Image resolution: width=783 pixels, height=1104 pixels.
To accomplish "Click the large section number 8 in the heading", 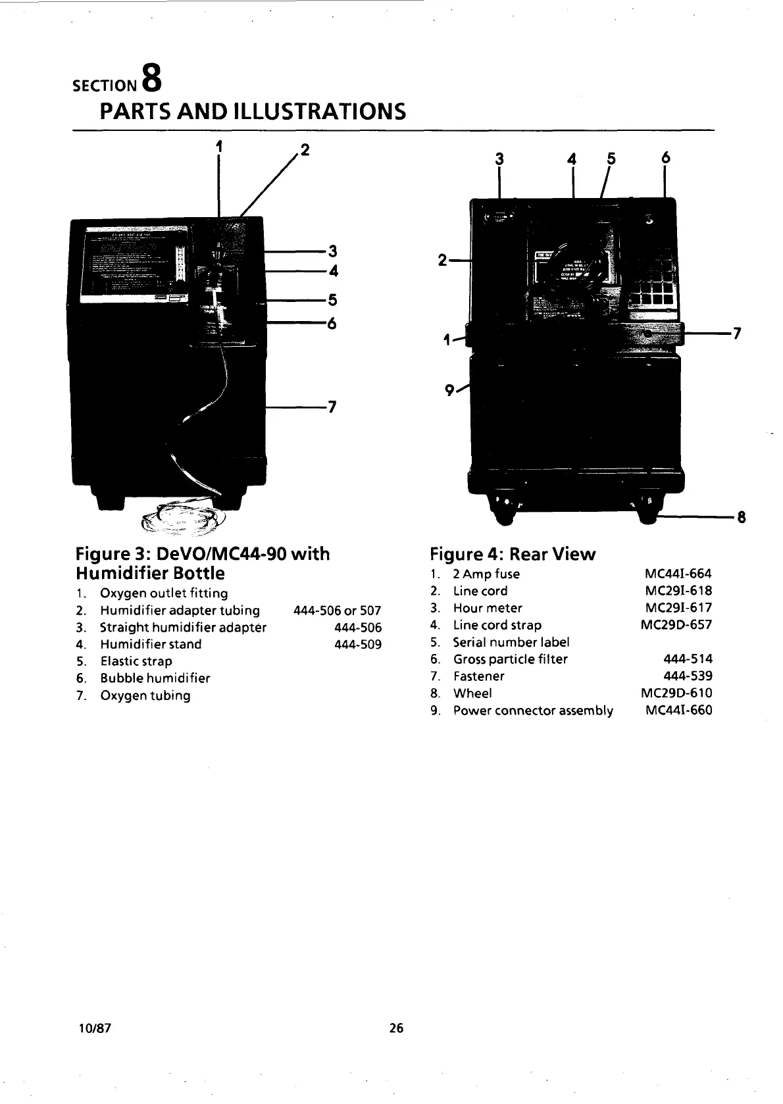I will tap(151, 77).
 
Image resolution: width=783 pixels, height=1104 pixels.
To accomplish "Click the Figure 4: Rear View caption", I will tap(512, 555).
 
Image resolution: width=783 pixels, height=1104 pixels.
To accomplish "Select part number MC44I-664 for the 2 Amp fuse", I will tap(678, 574).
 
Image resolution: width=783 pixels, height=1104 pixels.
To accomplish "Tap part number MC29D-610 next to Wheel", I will tap(676, 693).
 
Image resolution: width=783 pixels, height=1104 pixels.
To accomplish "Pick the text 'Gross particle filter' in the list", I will tap(510, 659).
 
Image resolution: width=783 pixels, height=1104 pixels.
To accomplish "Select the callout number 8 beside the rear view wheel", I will tap(742, 517).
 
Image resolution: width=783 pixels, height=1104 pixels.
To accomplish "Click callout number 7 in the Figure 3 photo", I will tap(332, 407).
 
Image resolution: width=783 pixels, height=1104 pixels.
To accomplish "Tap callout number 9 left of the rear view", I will tap(449, 390).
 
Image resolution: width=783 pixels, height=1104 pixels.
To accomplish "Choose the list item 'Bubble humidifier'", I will tap(155, 678).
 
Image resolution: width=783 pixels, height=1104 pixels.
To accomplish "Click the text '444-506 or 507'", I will tap(338, 611).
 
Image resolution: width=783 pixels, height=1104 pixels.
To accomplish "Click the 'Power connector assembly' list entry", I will tap(533, 711).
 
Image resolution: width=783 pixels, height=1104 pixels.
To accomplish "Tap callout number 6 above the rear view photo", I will tap(665, 158).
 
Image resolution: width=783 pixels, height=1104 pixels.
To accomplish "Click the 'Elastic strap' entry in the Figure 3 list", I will tap(136, 661).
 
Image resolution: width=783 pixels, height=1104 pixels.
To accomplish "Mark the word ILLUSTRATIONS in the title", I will tap(320, 112).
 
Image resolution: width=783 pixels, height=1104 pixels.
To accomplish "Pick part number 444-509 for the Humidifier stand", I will tap(358, 645).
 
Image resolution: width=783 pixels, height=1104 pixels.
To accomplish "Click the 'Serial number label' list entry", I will tap(511, 642).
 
